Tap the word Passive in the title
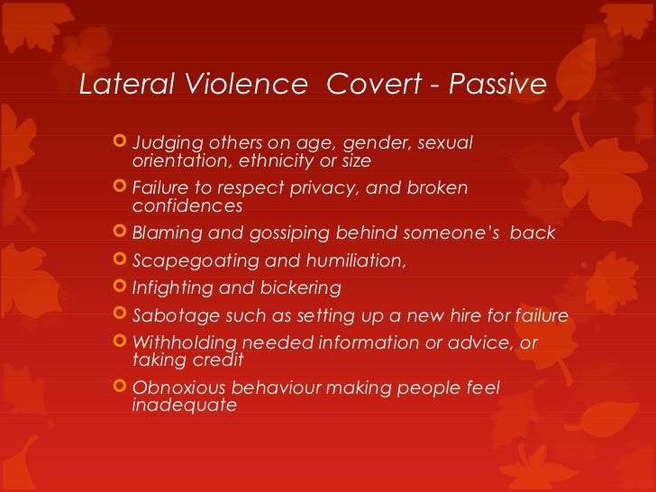tap(498, 85)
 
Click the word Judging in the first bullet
tap(163, 144)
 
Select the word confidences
tap(187, 205)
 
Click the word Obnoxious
tap(176, 388)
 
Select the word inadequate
tap(185, 405)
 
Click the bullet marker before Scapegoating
tap(123, 261)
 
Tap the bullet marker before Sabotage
tap(123, 316)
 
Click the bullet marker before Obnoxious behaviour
tap(123, 387)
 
